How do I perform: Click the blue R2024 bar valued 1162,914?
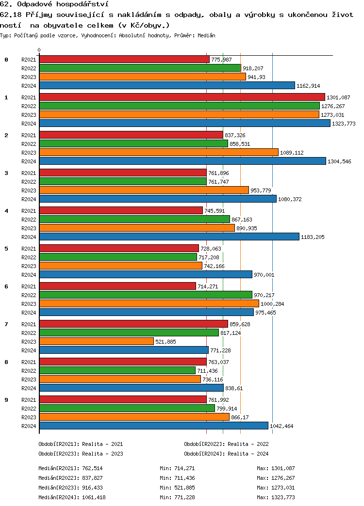point(167,85)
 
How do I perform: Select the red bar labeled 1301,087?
point(182,97)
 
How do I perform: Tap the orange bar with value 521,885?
point(96,341)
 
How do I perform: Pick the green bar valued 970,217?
point(146,295)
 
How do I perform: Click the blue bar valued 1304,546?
point(182,161)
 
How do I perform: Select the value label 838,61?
point(234,388)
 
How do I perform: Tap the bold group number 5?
point(6,249)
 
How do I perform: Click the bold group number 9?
point(6,400)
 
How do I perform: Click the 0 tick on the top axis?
point(39,50)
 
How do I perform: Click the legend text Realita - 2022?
point(248,443)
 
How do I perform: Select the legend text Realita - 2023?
point(103,454)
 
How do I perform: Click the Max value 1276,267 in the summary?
point(283,478)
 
